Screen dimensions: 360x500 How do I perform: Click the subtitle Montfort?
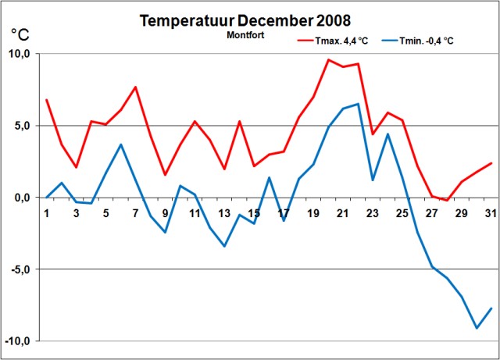(x=246, y=36)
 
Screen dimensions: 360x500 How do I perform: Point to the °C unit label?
(x=20, y=34)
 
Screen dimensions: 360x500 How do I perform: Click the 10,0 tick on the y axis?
(x=19, y=54)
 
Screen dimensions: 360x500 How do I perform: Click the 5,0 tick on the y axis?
(x=22, y=126)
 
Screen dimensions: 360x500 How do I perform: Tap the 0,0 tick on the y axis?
(x=22, y=198)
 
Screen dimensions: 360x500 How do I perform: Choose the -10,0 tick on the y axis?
(x=18, y=341)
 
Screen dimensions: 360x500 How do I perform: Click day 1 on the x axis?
(x=47, y=213)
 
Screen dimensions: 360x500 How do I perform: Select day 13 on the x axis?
(x=224, y=213)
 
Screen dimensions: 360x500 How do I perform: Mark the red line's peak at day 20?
(x=328, y=59)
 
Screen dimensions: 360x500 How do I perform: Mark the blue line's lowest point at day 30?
(x=477, y=328)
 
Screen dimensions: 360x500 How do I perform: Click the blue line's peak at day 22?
(x=358, y=104)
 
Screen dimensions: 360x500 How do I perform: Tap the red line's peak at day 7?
(x=135, y=87)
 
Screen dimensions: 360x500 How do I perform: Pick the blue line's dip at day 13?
(x=224, y=246)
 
